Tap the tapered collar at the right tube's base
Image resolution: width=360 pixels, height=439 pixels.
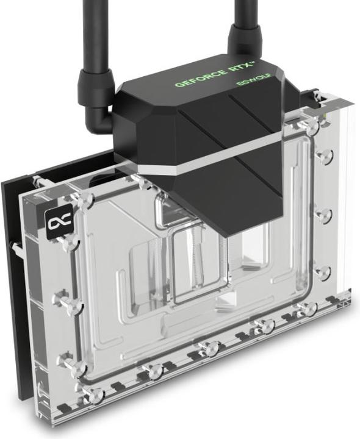(243, 41)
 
